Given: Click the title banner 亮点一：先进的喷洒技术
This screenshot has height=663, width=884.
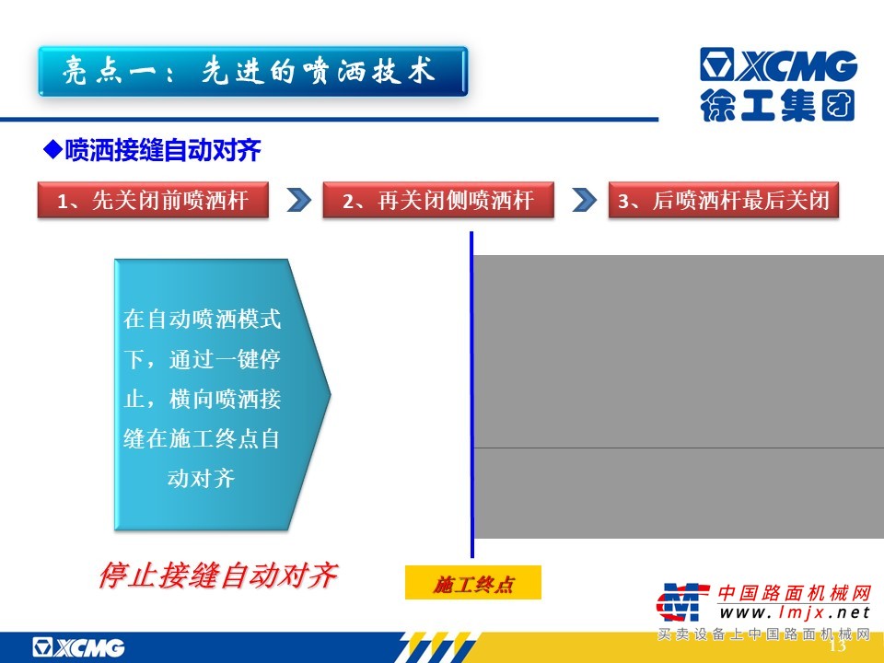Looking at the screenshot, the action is tap(253, 72).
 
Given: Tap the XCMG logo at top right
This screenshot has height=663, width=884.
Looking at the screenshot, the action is tap(779, 64).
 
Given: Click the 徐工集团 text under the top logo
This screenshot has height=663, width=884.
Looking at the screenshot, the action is tap(778, 105).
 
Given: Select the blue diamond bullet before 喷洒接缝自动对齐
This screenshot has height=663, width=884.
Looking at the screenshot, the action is tap(52, 149).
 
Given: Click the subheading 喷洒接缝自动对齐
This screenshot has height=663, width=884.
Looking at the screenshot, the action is tap(162, 150).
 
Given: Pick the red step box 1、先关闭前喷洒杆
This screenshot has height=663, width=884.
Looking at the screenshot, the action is tap(153, 200).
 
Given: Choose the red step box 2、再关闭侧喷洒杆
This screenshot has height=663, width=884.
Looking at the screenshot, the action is tap(438, 200).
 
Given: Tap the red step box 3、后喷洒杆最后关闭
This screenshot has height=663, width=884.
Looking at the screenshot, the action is tap(724, 200).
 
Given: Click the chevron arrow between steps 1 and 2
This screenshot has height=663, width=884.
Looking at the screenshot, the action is tap(298, 200).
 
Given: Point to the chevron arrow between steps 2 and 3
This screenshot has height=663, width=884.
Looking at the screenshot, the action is tap(584, 200).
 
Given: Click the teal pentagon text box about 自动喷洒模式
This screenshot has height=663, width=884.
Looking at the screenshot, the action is tap(222, 395).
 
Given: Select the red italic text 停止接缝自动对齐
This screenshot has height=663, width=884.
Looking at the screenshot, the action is tap(217, 576).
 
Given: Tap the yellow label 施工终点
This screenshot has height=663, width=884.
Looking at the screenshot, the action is tap(473, 583).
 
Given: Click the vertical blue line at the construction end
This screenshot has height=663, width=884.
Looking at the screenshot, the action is tap(471, 394).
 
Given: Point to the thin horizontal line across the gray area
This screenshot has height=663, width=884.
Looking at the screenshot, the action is tap(679, 448).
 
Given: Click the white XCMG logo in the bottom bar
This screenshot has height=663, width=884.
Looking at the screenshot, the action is tap(78, 647).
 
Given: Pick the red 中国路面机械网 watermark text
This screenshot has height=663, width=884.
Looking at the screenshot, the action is tap(795, 593).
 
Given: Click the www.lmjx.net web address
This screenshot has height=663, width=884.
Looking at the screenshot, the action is tap(795, 612).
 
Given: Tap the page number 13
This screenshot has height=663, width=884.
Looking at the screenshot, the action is tap(838, 645).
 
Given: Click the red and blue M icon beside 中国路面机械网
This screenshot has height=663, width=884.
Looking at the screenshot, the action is tap(682, 602).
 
